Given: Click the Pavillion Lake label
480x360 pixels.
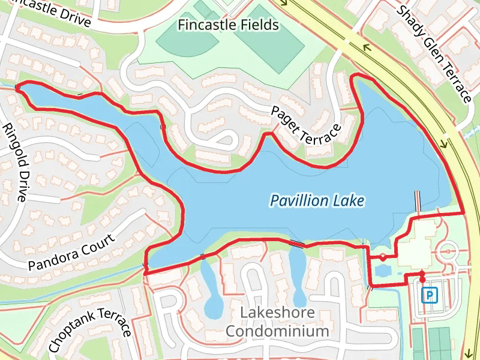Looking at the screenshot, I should (317, 200).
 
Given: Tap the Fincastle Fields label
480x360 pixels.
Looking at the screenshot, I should (229, 25).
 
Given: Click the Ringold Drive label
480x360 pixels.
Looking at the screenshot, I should (15, 162).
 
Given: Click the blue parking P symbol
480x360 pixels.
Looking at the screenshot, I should (430, 295).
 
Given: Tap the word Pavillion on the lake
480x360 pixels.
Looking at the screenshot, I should (298, 200).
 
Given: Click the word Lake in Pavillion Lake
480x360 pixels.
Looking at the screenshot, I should (348, 200).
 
